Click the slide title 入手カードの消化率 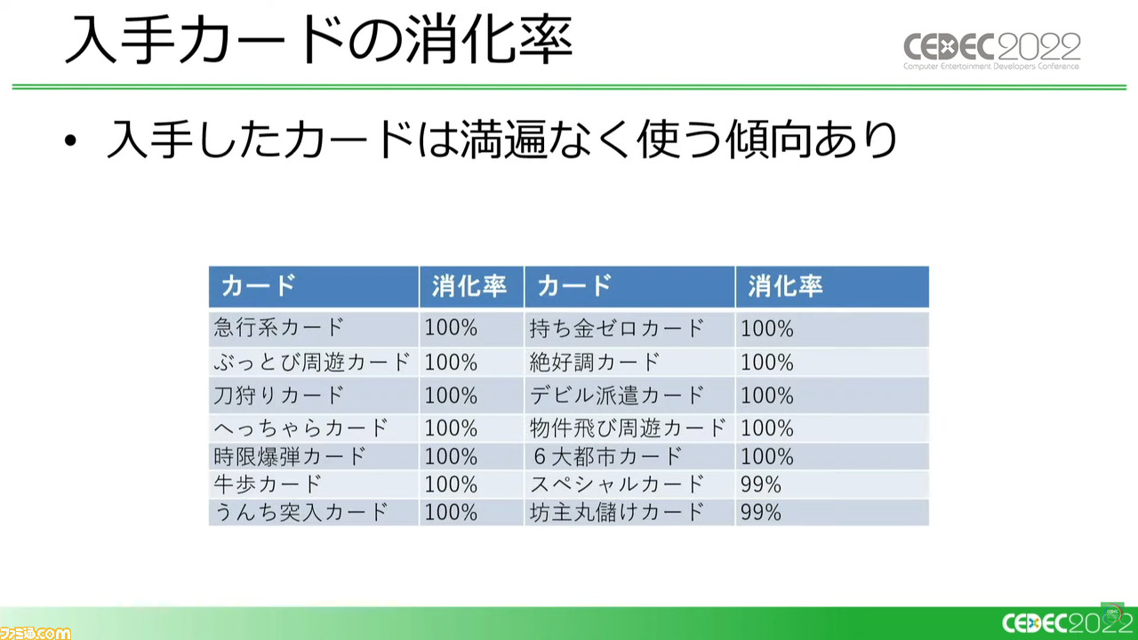point(319,40)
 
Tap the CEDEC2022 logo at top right point(991,51)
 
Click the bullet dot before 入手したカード point(70,140)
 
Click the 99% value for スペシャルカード point(760,484)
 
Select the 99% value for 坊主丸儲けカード point(760,513)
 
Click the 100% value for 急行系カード point(451,328)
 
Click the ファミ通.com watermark point(35,633)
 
